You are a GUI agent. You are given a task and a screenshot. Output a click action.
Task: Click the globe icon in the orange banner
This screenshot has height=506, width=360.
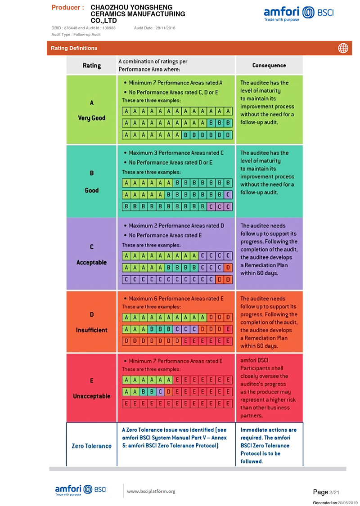point(343,48)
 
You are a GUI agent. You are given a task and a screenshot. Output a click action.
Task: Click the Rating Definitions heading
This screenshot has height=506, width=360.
point(74,48)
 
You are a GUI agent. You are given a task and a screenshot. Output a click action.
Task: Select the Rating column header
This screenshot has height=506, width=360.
point(92,66)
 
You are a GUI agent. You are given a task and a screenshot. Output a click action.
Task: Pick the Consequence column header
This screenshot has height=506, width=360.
point(269,65)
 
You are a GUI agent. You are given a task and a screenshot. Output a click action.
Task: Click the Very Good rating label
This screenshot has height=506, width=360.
point(92,118)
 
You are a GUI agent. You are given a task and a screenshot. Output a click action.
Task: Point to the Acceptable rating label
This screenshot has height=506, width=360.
point(92,262)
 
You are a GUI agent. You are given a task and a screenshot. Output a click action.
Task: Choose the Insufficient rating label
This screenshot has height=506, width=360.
point(92,330)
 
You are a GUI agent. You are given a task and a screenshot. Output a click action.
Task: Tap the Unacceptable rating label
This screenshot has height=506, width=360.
point(92,396)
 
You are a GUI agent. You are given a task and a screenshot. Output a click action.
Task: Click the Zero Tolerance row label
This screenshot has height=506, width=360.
point(92,446)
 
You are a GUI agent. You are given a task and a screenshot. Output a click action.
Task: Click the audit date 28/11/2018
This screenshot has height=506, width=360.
point(165,28)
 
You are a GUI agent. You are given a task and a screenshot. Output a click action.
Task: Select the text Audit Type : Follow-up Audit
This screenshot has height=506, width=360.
point(76,35)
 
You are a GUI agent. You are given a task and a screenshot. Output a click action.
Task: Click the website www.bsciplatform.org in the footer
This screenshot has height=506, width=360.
point(151,491)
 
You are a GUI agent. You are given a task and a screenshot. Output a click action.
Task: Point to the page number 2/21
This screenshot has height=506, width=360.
point(334,493)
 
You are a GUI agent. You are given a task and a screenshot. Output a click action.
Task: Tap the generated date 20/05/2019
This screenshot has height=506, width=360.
point(346,503)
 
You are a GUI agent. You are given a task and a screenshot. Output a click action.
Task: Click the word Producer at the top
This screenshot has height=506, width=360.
point(68,8)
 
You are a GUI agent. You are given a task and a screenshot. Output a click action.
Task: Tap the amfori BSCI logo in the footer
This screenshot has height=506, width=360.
point(81,490)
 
